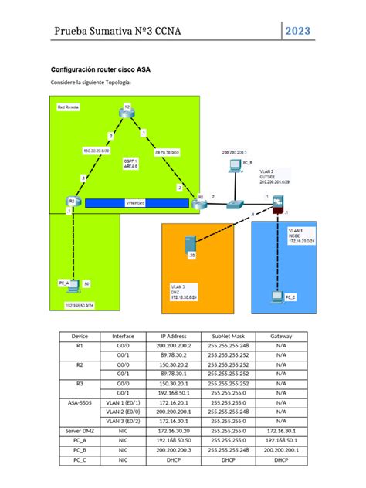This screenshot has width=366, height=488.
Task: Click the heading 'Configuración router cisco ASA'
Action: (100, 69)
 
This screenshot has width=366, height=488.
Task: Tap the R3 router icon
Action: (73, 202)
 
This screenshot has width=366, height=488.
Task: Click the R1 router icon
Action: (199, 202)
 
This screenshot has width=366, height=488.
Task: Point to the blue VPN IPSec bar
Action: (136, 203)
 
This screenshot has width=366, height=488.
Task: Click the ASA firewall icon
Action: (277, 202)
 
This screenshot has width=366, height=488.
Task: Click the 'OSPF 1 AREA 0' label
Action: (131, 163)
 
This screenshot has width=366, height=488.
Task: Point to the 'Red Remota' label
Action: (68, 107)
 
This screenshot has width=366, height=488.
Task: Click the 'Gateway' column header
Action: (280, 337)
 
